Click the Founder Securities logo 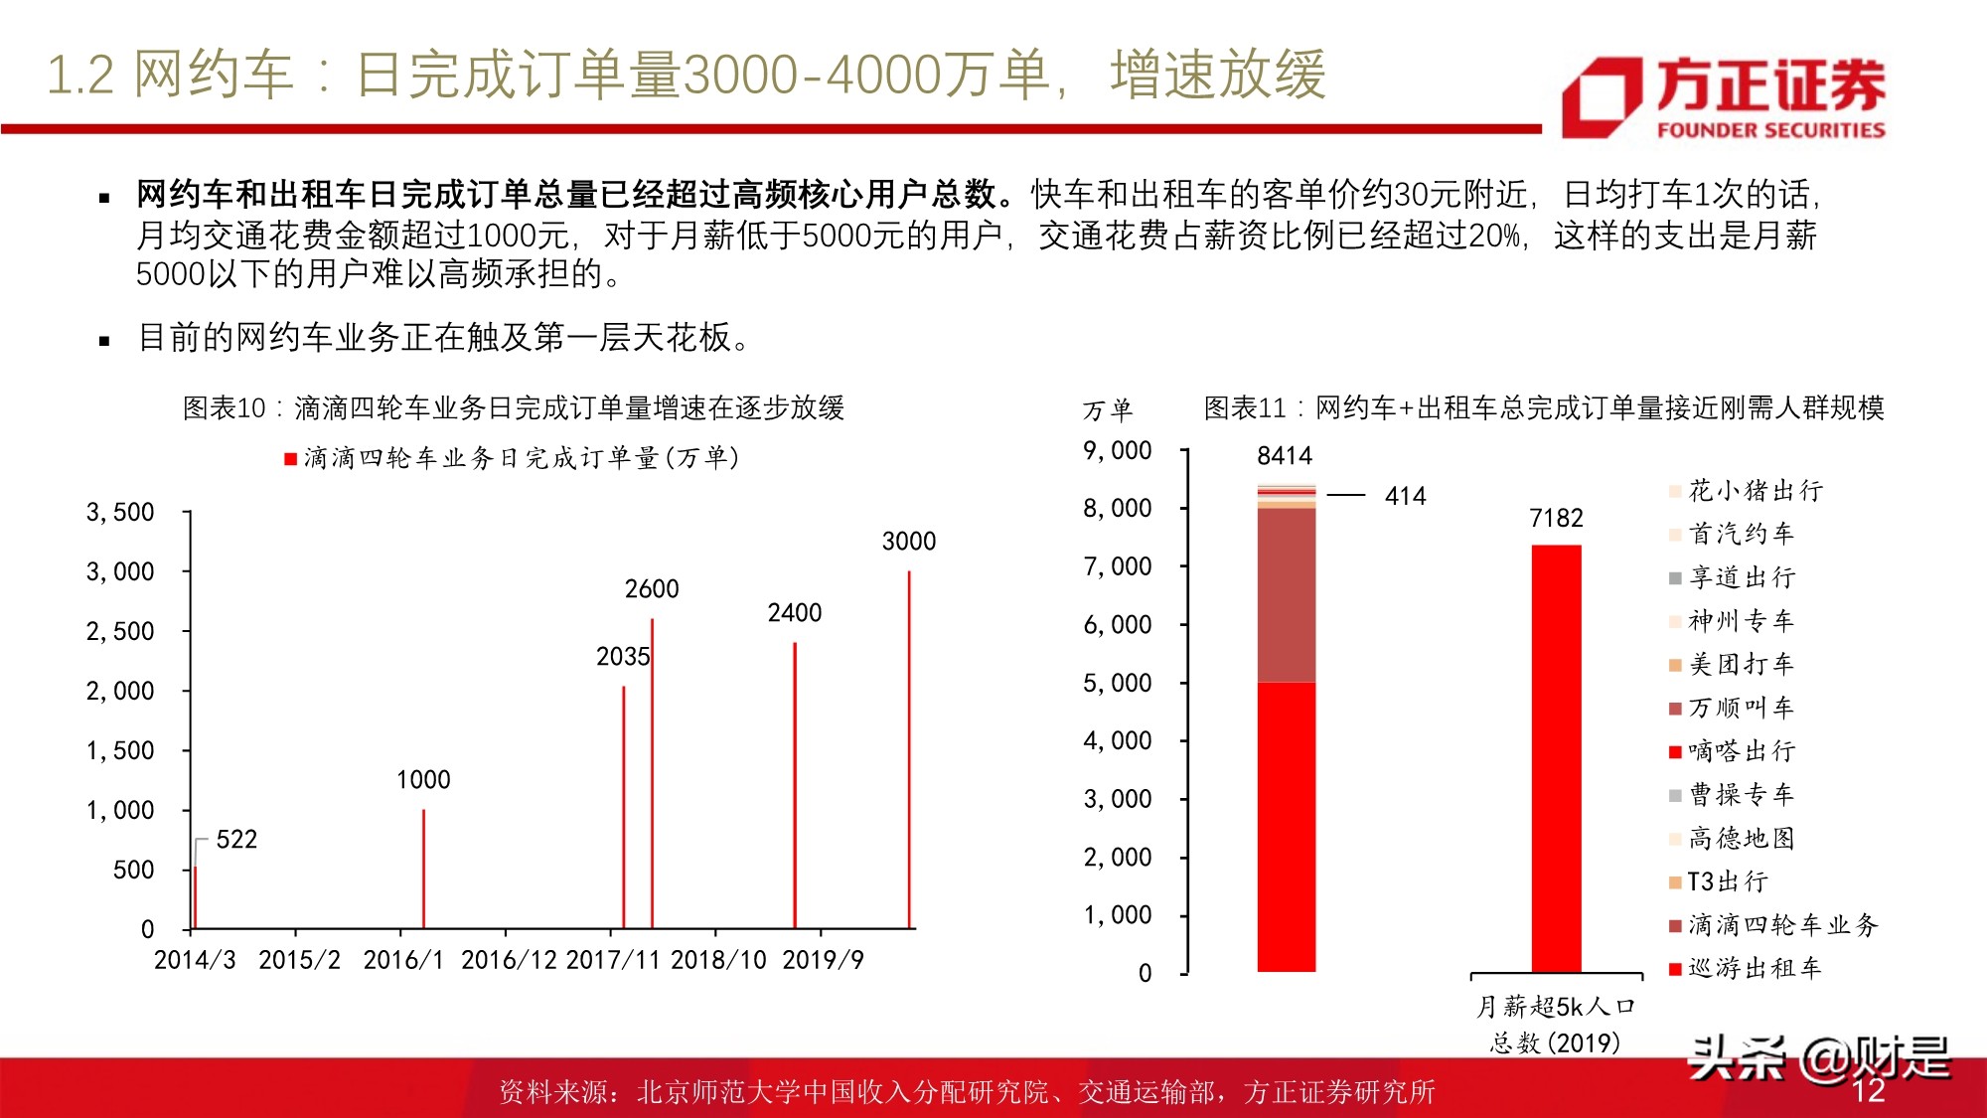(x=1724, y=96)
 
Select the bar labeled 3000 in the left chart (x=909, y=750)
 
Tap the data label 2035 (x=623, y=657)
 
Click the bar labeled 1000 (x=424, y=870)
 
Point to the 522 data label (x=236, y=840)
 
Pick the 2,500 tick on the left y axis (x=120, y=632)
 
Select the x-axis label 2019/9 (x=823, y=960)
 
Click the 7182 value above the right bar (x=1556, y=519)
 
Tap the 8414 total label (x=1285, y=456)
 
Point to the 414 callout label (x=1405, y=496)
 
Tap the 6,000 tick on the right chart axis (x=1118, y=625)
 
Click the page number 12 (x=1868, y=1090)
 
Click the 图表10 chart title (x=514, y=408)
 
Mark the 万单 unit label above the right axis (x=1108, y=410)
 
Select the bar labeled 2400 (x=795, y=785)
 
